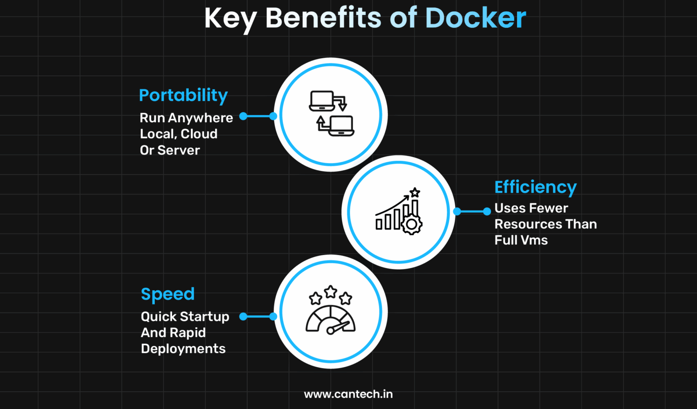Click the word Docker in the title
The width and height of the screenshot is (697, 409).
coord(475,19)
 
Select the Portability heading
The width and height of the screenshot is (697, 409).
coord(183,95)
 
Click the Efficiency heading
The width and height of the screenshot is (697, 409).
coord(535,187)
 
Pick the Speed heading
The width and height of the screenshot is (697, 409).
coord(167,294)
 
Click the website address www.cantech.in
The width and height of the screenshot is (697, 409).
coord(348,394)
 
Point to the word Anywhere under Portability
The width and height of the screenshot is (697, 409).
coord(201,118)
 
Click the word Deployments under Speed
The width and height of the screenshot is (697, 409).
coord(183,349)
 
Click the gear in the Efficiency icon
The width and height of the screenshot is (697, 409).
coord(412,224)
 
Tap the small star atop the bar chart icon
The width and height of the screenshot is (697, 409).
coord(415,193)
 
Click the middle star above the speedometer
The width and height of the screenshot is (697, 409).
coord(331,292)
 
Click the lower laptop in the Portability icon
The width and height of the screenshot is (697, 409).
coord(341,126)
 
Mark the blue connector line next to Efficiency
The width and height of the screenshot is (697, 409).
coord(472,211)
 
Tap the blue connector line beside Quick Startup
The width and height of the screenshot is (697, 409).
coord(258,316)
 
